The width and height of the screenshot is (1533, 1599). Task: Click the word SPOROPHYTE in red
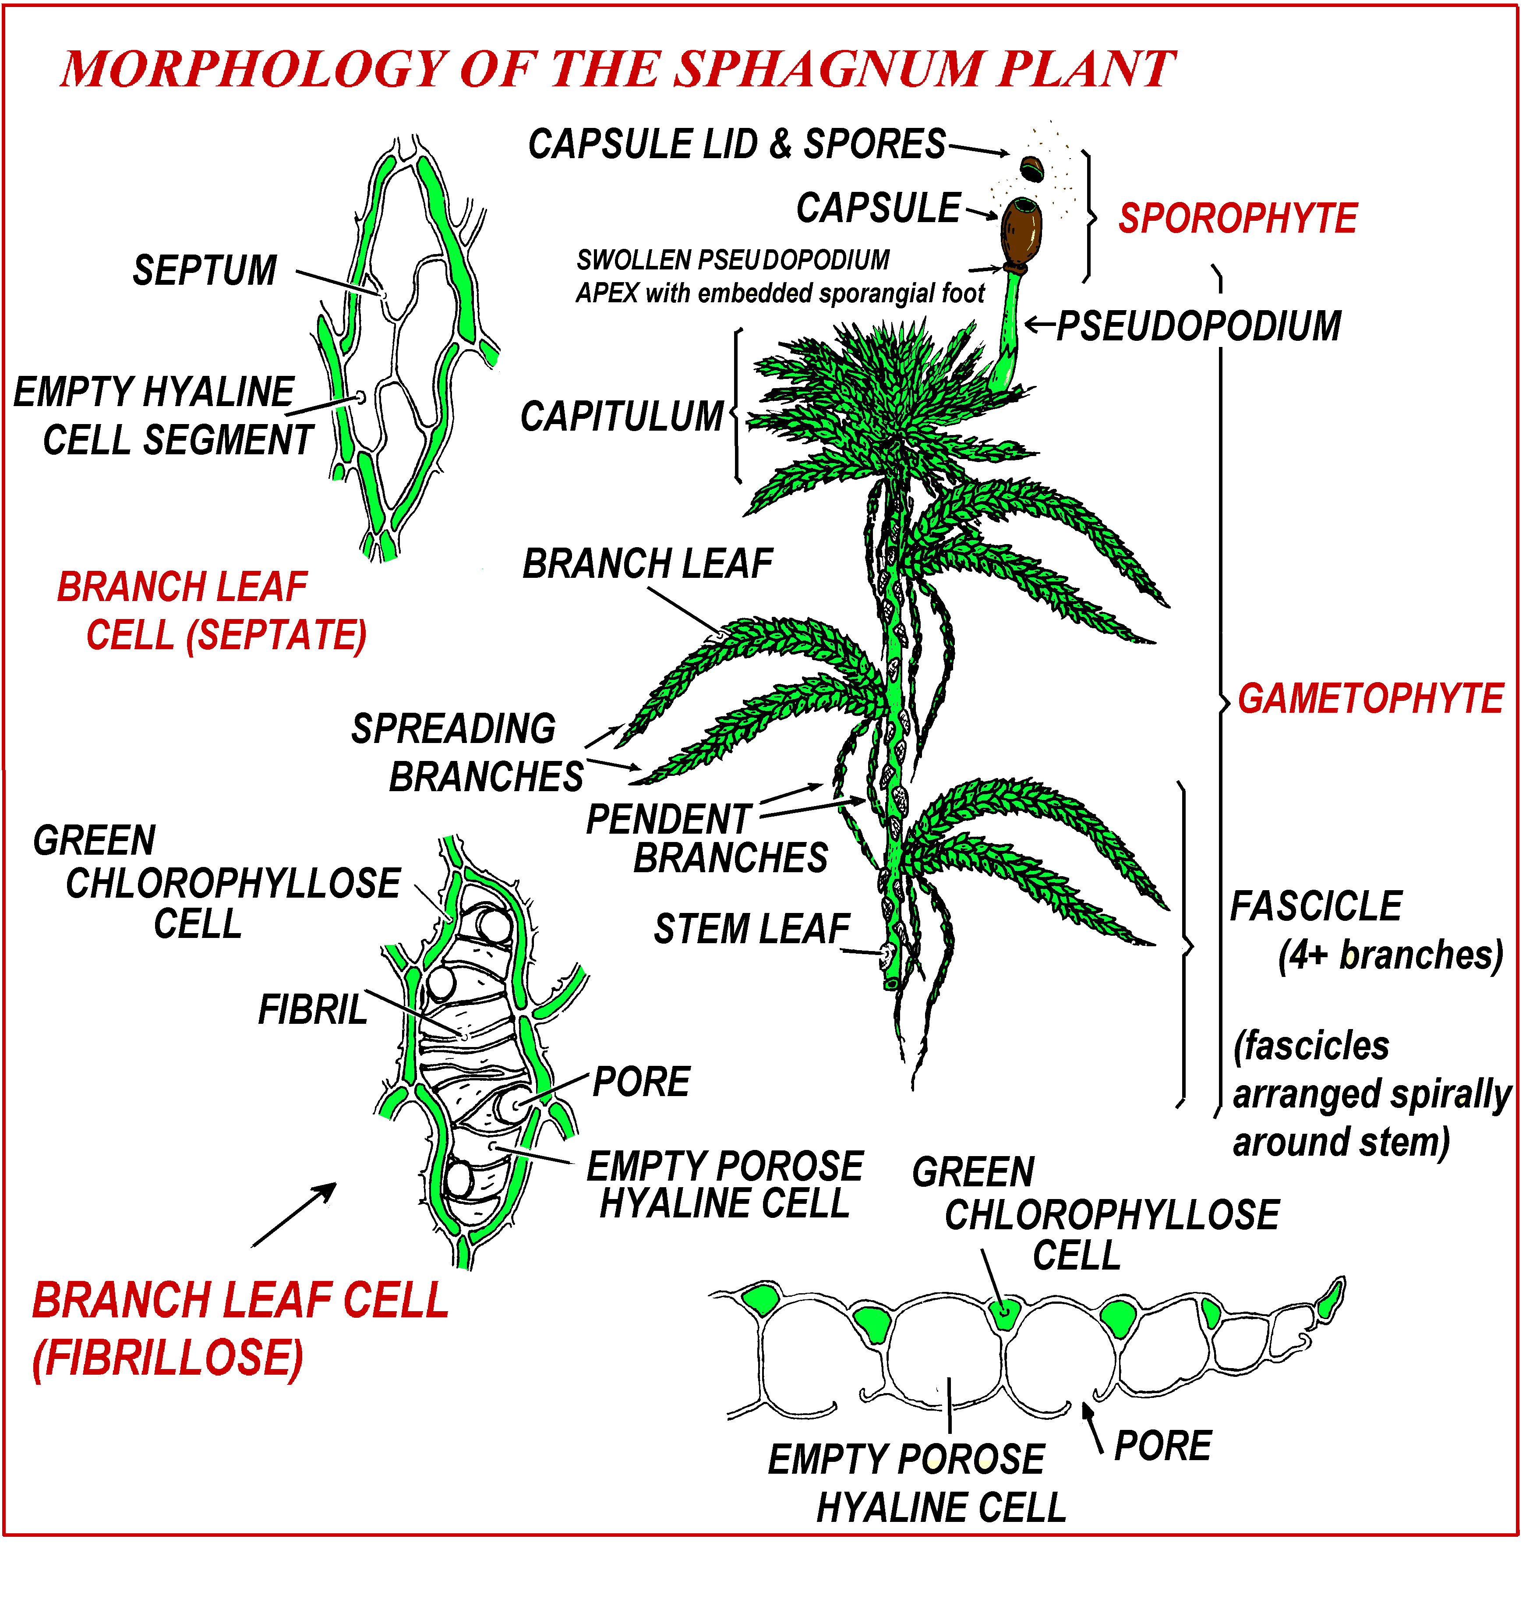coord(1236,219)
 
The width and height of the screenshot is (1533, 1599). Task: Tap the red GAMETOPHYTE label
coord(1369,699)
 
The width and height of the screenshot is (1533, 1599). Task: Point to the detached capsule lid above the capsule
coord(1032,169)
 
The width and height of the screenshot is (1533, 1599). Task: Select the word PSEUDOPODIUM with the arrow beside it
coord(1197,326)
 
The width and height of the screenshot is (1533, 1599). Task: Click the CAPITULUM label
coord(622,417)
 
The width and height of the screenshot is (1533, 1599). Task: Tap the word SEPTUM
coord(205,271)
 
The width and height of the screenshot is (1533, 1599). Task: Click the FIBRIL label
coord(312,1010)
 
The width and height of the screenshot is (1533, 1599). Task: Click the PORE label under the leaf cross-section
coord(1162,1447)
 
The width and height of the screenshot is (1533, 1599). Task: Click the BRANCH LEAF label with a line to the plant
coord(647,564)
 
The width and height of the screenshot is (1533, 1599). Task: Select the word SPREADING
coord(454,729)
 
